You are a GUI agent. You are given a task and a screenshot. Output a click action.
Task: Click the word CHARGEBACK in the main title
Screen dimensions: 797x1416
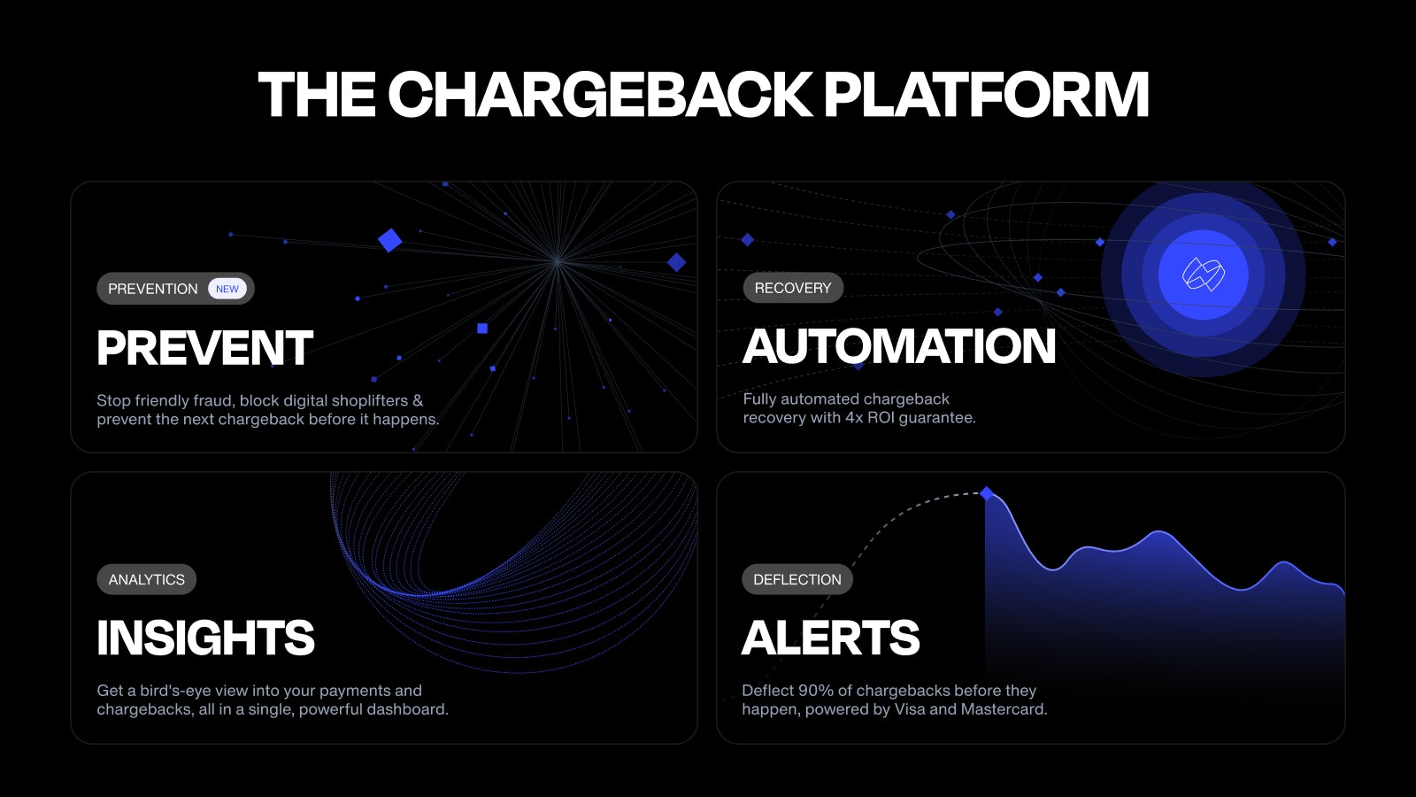600,95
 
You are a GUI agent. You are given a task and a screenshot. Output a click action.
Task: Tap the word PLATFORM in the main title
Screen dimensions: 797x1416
986,95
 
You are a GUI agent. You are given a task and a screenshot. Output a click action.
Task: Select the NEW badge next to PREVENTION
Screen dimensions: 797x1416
227,289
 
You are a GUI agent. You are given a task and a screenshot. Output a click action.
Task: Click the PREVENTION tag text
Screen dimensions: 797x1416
152,289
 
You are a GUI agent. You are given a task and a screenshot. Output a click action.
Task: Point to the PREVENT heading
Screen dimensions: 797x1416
204,348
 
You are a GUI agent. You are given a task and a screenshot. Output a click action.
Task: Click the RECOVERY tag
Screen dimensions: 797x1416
792,288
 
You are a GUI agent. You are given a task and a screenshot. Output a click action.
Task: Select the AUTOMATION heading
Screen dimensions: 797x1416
899,346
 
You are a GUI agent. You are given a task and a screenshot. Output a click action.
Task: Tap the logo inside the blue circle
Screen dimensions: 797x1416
1204,275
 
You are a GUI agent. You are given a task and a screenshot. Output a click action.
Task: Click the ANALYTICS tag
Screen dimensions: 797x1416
146,579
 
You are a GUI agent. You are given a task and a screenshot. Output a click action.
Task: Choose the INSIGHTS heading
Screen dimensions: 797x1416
205,638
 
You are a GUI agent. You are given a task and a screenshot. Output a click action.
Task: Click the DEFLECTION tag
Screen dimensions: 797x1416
796,579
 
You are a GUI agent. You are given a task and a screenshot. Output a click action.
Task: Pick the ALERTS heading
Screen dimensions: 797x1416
830,638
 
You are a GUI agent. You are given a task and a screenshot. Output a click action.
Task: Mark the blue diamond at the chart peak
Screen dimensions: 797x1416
986,492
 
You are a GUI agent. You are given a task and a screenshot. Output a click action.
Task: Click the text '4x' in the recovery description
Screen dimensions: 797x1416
853,418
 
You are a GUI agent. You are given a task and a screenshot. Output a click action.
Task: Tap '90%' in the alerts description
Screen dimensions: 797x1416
815,691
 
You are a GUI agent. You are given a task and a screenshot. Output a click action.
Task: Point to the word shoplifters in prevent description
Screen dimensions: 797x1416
364,401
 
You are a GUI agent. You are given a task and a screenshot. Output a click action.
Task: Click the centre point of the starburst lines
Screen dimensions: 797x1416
557,260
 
